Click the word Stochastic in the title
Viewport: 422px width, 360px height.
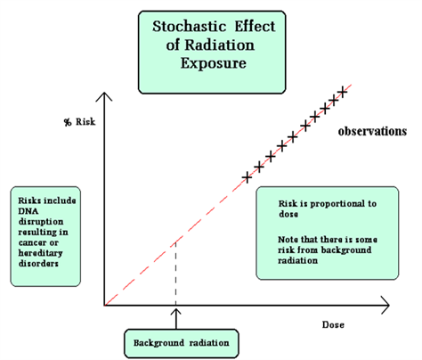pos(190,27)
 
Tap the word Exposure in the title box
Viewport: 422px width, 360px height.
pos(214,63)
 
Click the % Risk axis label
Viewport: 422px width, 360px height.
pos(79,122)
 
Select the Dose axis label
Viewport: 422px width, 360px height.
pos(333,324)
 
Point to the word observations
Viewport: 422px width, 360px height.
pos(372,131)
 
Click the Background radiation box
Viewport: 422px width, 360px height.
pos(182,343)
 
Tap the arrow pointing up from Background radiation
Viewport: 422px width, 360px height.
pos(176,319)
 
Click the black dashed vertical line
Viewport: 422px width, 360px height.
pos(175,274)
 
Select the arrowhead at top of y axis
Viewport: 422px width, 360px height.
pos(104,96)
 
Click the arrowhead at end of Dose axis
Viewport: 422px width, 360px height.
pos(385,305)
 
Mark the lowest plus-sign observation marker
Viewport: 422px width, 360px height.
pos(247,178)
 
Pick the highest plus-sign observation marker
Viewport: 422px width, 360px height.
pos(343,92)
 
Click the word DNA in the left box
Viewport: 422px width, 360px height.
pos(28,211)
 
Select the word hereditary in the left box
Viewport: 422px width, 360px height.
pos(40,253)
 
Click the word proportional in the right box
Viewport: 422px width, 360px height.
pos(336,204)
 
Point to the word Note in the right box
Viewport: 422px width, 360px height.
pos(288,240)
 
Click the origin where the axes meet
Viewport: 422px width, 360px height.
pos(104,305)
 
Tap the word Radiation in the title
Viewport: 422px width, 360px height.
pos(220,45)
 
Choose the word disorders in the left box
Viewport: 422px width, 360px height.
pos(38,264)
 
